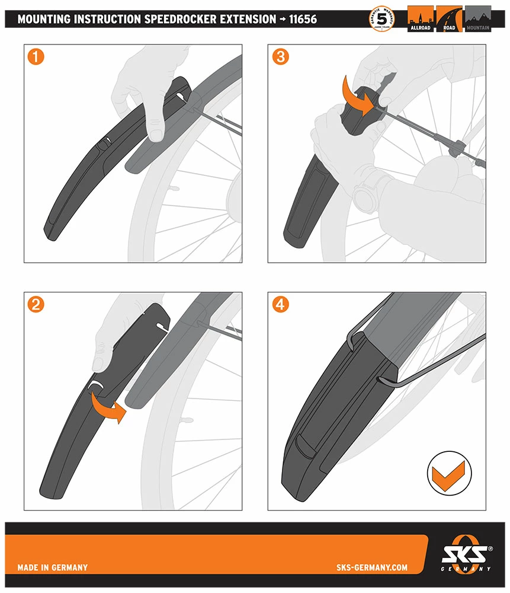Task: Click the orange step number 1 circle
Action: [37, 57]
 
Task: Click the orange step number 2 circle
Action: [37, 305]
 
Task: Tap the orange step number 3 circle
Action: [281, 57]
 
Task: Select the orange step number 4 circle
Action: [281, 305]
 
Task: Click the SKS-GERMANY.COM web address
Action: [371, 568]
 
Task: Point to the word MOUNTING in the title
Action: [44, 20]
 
